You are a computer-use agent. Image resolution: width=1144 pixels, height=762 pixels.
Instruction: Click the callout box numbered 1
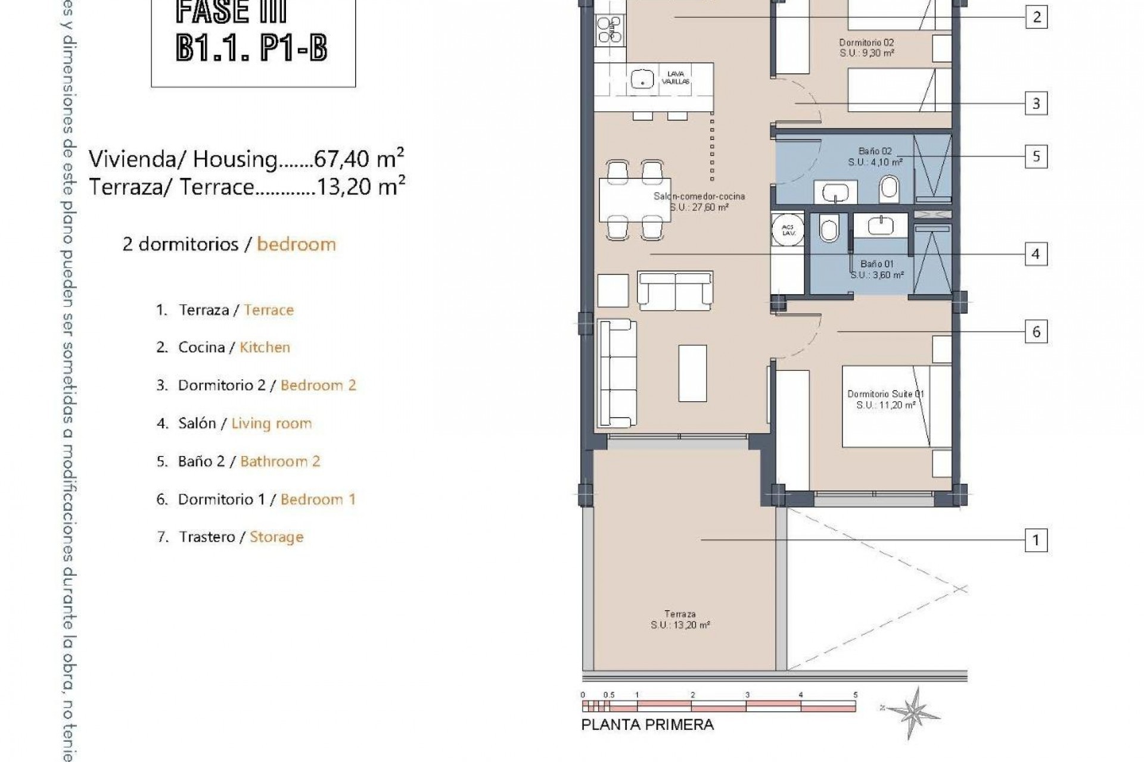1036,541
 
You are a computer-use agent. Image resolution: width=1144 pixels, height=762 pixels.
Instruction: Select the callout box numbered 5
1036,157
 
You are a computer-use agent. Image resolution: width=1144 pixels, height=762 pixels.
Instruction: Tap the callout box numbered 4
1036,254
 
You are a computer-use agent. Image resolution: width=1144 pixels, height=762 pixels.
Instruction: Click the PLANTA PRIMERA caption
647,725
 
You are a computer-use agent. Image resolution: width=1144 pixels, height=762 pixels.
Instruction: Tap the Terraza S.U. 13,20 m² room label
680,620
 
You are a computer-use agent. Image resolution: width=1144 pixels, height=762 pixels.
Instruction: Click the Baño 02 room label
875,157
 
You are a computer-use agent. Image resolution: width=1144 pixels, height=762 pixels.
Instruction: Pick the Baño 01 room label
877,269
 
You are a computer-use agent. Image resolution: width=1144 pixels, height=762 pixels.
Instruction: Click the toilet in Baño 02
889,189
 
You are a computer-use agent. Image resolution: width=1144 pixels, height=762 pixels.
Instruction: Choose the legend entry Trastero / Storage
230,537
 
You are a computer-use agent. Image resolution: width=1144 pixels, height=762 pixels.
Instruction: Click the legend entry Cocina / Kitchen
223,348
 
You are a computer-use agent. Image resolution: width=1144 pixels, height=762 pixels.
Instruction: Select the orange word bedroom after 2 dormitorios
296,245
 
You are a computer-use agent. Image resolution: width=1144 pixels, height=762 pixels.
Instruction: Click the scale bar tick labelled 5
856,695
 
